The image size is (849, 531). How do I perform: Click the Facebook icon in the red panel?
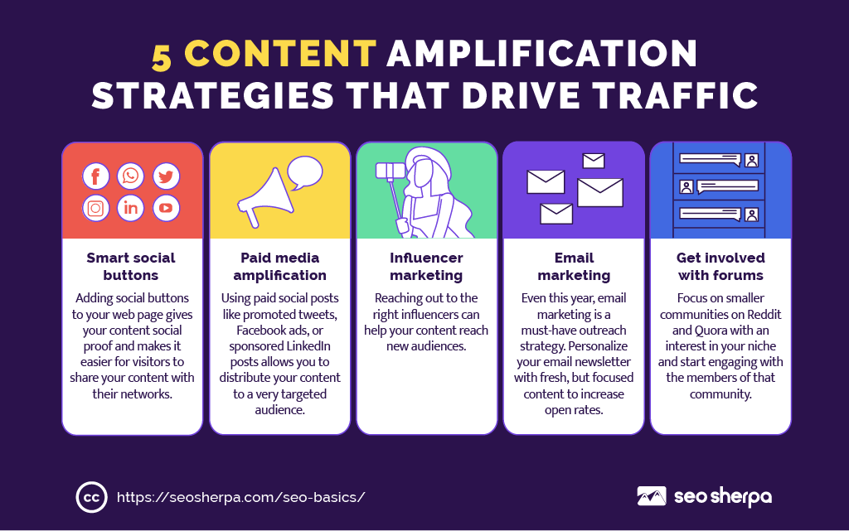tap(96, 176)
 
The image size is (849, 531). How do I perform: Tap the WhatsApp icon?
tap(130, 176)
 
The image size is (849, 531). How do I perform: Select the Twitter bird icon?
tap(166, 176)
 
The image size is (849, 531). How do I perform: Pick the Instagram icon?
tap(96, 208)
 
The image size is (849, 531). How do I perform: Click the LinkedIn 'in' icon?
tap(130, 208)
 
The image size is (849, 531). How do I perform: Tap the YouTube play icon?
tap(166, 208)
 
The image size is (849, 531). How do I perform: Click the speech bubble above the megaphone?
tap(304, 172)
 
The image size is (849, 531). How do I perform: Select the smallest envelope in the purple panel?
tap(594, 161)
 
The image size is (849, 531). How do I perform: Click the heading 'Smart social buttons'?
tap(131, 266)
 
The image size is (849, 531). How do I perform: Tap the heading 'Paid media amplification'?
tap(280, 266)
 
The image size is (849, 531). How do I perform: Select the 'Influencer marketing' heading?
tap(426, 266)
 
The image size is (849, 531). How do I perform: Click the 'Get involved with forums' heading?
tap(720, 266)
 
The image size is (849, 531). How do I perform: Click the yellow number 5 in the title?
tap(162, 57)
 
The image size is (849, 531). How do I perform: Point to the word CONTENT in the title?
tap(280, 54)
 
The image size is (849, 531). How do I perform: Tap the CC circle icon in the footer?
tap(91, 497)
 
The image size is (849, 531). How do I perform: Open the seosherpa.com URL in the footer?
tap(241, 498)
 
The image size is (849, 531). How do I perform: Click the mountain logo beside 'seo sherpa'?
tap(652, 496)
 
